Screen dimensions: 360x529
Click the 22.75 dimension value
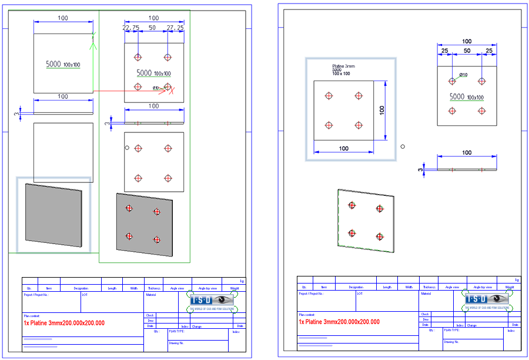(x=130, y=28)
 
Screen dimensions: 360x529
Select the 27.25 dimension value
(x=175, y=28)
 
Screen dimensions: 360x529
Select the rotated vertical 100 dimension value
(x=381, y=110)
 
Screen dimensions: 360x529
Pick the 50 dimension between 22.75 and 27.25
(x=152, y=28)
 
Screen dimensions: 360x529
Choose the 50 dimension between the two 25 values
(x=466, y=51)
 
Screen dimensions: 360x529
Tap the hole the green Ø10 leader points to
(x=452, y=81)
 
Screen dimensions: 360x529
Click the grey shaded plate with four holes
(x=145, y=225)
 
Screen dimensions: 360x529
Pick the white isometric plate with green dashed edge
(x=365, y=221)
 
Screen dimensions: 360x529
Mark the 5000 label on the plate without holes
(x=53, y=64)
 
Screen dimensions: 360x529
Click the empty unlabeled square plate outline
(x=63, y=152)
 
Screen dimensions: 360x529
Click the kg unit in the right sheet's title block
(x=517, y=280)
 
